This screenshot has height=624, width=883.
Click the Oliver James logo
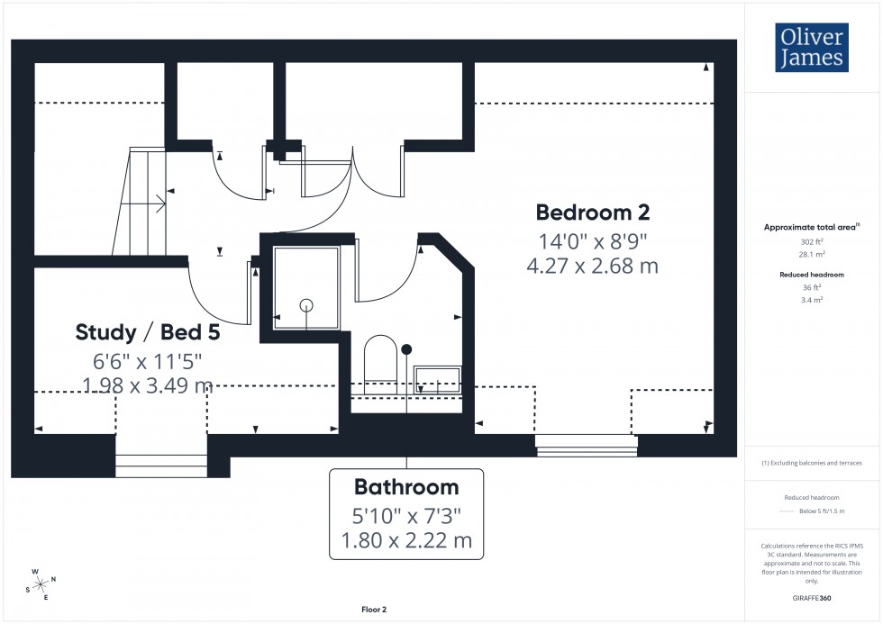coord(811,48)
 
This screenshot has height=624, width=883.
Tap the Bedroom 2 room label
coord(592,213)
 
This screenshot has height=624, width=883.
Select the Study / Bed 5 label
coord(147,332)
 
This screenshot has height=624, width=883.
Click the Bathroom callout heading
coord(405,487)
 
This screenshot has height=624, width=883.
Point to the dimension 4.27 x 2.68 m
coord(592,267)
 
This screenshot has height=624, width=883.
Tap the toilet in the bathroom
coord(380,360)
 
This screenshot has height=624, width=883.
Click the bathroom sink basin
coord(437,376)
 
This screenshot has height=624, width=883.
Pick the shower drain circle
coord(306,304)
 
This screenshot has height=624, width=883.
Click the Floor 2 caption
coord(373,610)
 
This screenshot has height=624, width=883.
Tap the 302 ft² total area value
coord(813,242)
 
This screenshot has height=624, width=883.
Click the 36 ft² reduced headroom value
coord(813,288)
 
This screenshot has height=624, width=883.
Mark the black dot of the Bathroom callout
coord(406,348)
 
